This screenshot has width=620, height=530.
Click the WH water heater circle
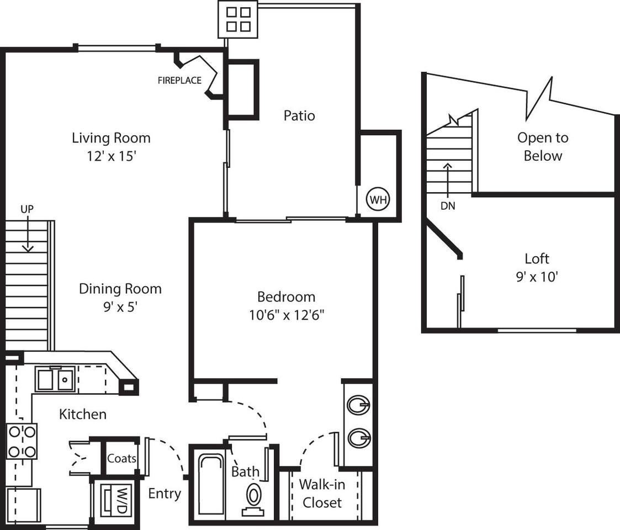click(378, 199)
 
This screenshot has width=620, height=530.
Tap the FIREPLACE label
click(179, 81)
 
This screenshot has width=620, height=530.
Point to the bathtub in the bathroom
click(209, 483)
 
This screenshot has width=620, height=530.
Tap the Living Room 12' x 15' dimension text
click(111, 156)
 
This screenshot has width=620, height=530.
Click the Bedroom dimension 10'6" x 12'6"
click(286, 315)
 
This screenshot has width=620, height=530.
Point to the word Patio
click(299, 115)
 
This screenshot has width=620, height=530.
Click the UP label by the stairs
click(28, 209)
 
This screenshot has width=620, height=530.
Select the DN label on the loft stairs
click(448, 205)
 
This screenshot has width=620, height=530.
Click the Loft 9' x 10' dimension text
click(537, 277)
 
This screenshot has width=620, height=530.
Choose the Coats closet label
click(122, 458)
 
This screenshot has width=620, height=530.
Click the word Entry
click(165, 493)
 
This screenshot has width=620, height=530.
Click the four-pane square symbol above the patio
click(238, 19)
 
